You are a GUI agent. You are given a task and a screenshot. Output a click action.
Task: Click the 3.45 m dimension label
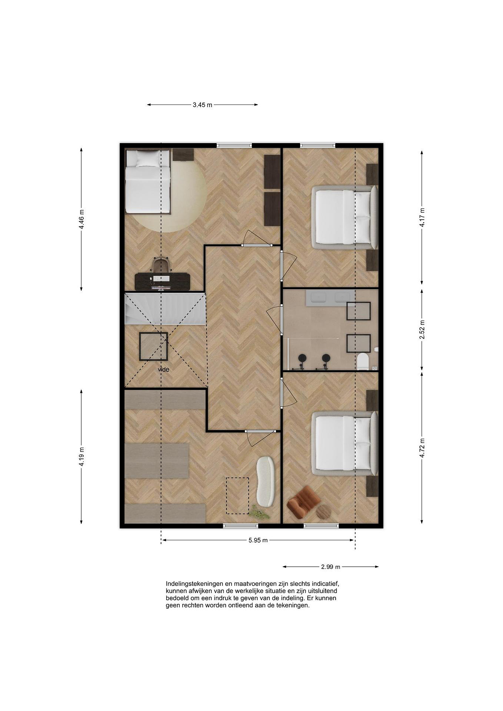pos(202,105)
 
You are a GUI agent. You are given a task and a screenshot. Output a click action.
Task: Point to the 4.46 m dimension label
pos(81,219)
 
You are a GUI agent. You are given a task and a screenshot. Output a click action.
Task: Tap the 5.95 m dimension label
pos(258,540)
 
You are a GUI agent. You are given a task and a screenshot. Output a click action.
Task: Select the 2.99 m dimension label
pos(330,567)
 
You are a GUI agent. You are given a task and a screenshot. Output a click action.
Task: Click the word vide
pos(163,369)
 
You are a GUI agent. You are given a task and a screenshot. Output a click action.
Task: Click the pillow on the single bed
pos(147,159)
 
